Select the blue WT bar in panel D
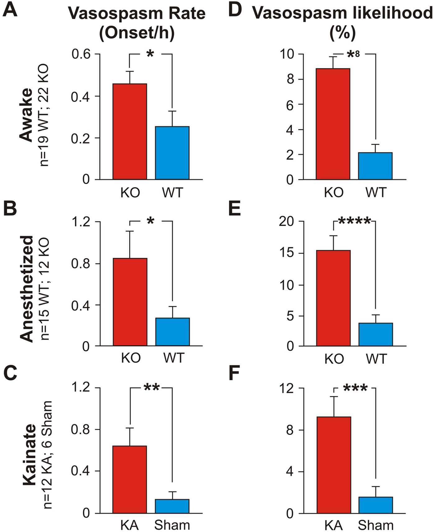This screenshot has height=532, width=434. pyautogui.click(x=375, y=166)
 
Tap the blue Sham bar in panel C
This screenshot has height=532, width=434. pyautogui.click(x=172, y=506)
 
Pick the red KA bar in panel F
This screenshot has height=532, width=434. pyautogui.click(x=334, y=465)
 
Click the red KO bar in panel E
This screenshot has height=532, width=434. pyautogui.click(x=333, y=298)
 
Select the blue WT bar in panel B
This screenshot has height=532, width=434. pyautogui.click(x=172, y=331)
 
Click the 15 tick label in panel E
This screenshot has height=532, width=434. pyautogui.click(x=286, y=253)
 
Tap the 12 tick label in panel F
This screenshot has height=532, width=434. pyautogui.click(x=286, y=388)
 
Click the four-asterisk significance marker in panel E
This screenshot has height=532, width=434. pyautogui.click(x=354, y=221)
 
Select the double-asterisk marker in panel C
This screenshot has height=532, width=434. pyautogui.click(x=152, y=388)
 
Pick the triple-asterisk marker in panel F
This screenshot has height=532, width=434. pyautogui.click(x=355, y=388)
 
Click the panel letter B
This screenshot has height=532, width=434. pyautogui.click(x=10, y=209)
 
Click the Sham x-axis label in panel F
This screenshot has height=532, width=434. pyautogui.click(x=376, y=525)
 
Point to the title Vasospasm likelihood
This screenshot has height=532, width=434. pyautogui.click(x=342, y=13)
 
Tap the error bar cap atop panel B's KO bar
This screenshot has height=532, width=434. pyautogui.click(x=130, y=231)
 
